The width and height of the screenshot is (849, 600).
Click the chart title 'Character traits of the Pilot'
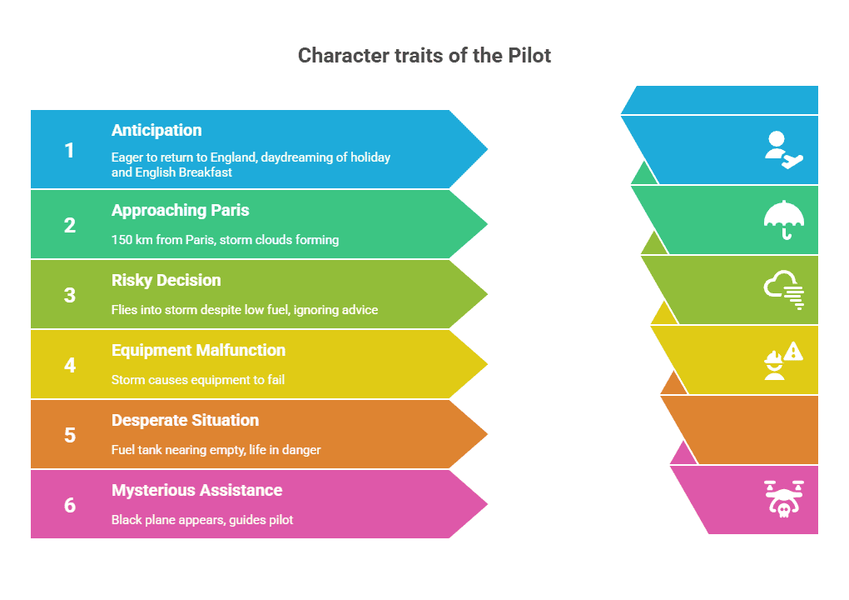coord(424,56)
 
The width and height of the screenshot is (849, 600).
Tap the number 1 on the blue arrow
coord(70,150)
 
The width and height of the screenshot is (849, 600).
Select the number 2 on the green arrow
coord(70,225)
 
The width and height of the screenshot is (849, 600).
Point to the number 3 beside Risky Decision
coord(70,295)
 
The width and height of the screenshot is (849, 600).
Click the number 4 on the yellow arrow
coord(70,365)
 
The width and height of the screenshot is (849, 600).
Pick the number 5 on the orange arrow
coord(70,435)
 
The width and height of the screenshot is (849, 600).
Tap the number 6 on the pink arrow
coord(70,505)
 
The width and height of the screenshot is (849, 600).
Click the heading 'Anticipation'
coord(156,130)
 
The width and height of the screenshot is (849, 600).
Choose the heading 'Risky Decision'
coord(166,280)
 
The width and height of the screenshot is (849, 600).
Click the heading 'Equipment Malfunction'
coord(198,350)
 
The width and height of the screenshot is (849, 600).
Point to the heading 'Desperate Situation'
coord(186,420)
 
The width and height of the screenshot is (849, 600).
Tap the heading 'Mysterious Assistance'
coord(197,490)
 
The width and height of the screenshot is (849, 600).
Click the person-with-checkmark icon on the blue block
coord(783,150)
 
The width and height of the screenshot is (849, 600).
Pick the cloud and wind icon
coord(784,290)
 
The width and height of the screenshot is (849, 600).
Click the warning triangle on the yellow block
coord(793,352)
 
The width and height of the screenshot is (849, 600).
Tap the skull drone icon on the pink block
coord(783,498)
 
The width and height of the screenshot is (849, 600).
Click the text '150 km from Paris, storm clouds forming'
coord(225,240)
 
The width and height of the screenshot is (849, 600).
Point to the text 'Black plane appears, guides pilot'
coord(202,520)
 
